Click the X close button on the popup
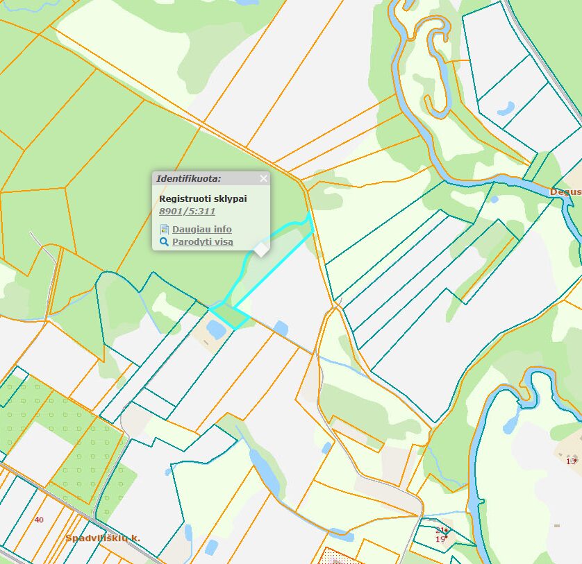[x=263, y=179]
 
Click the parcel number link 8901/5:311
[x=187, y=212]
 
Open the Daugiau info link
[x=201, y=229]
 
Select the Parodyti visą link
[x=202, y=242]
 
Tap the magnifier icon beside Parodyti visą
[x=165, y=242]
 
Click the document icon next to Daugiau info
[x=165, y=229]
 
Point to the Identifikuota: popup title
[x=188, y=179]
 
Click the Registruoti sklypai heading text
[x=203, y=198]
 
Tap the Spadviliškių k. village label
[x=103, y=538]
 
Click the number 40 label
[x=39, y=519]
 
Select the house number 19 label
[x=440, y=538]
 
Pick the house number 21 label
[x=440, y=530]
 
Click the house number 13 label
[x=571, y=461]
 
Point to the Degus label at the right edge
[x=565, y=191]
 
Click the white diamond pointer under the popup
[x=260, y=249]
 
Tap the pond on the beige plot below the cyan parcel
[x=216, y=330]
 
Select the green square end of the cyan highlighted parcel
[x=230, y=316]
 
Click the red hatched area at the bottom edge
[x=340, y=557]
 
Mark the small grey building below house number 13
[x=557, y=526]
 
